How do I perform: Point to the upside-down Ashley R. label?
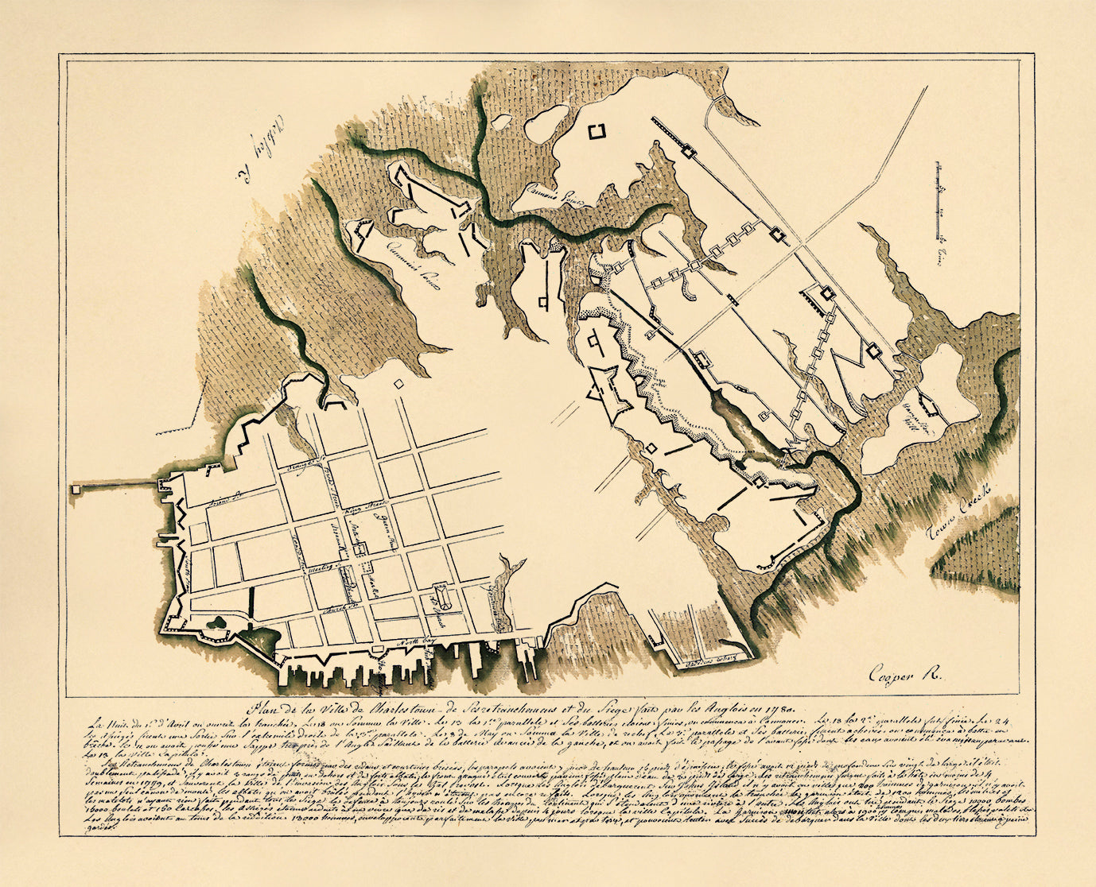[x=251, y=151]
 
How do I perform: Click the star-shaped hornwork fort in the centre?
[x=610, y=393]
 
